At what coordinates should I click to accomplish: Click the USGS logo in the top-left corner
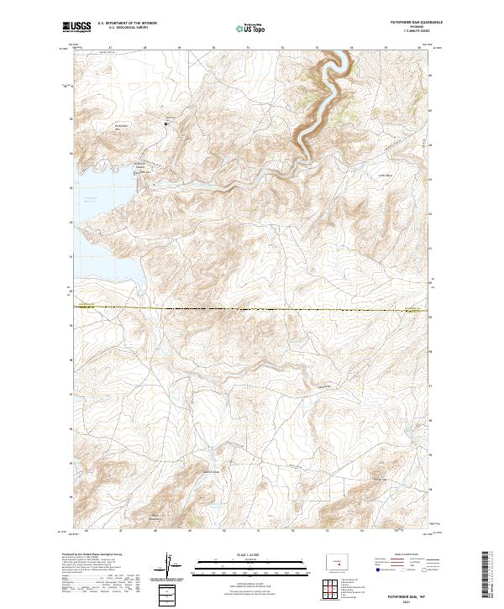76,28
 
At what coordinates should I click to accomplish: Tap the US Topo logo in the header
250,29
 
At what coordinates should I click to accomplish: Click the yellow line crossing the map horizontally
252,309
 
